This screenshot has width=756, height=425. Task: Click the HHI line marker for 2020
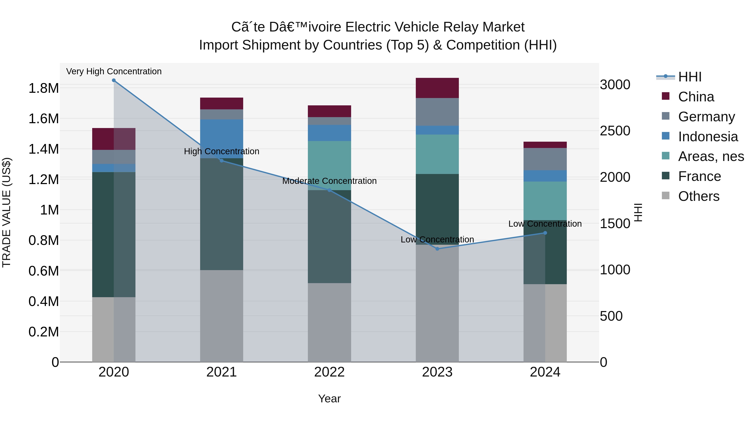(114, 80)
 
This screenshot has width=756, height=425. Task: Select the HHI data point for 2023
(437, 249)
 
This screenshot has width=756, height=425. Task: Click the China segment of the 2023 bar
(437, 88)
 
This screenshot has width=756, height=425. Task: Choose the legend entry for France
(699, 177)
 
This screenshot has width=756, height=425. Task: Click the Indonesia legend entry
(707, 137)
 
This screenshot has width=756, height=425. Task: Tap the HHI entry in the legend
(690, 77)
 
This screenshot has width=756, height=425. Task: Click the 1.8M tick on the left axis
(43, 88)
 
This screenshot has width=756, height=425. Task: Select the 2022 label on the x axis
(329, 372)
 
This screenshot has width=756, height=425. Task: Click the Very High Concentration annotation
(114, 71)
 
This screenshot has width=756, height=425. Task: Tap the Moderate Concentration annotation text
(329, 181)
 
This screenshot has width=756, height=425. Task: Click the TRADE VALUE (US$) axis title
(7, 212)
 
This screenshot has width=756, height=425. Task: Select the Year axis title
(329, 399)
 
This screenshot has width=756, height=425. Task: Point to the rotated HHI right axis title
(638, 212)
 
